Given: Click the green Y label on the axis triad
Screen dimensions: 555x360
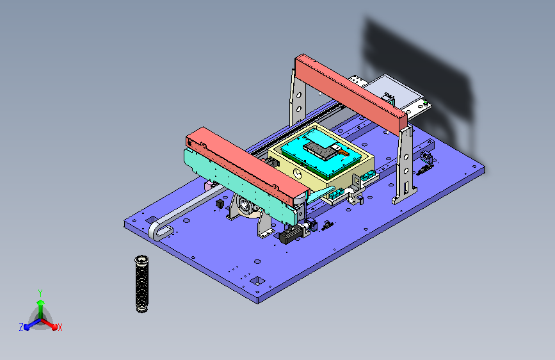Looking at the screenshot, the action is (40, 293).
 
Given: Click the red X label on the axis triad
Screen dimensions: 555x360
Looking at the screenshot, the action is (60, 328).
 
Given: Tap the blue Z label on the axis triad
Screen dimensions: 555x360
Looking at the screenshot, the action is (21, 327).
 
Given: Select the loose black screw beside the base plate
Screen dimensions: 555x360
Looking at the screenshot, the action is (142, 284).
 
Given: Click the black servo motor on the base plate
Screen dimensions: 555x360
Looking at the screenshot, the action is (292, 234).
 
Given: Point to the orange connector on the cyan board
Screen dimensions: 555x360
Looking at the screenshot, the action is (342, 152).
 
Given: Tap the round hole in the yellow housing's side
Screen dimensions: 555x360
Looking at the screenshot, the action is (298, 174).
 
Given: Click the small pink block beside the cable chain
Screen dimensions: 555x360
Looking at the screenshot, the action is (210, 186).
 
